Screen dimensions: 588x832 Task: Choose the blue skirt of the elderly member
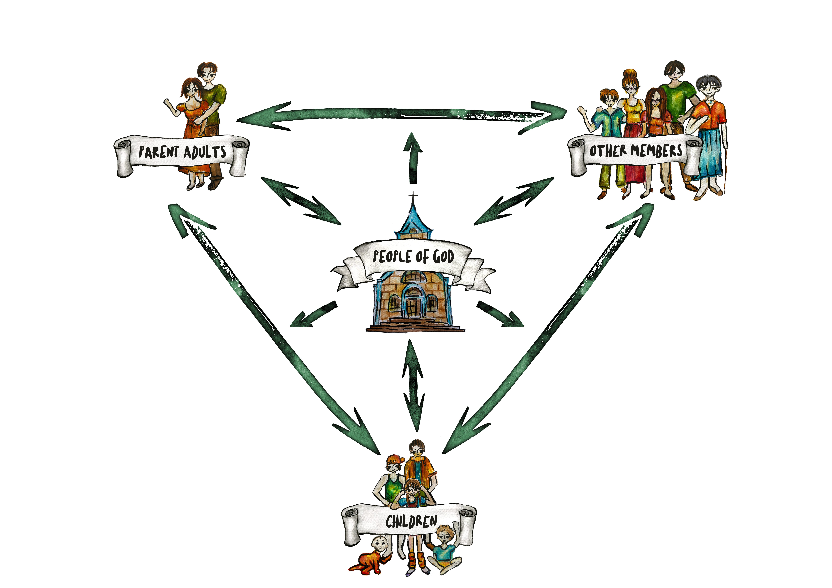[710, 152]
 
